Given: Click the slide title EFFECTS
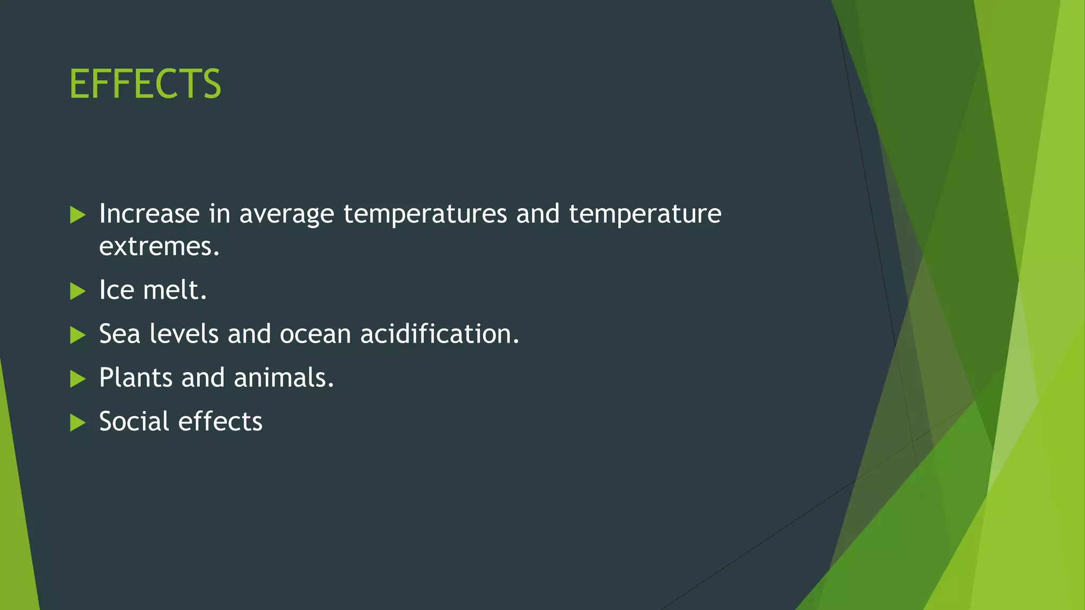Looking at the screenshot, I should tap(145, 84).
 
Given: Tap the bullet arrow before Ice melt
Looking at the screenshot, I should tap(77, 291).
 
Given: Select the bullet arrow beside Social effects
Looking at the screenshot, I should tap(77, 423).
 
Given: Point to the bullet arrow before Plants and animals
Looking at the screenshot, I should tap(77, 379).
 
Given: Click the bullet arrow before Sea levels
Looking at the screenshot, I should tap(77, 335).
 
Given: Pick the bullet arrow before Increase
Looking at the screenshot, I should tap(77, 215).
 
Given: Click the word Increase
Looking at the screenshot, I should tap(149, 214).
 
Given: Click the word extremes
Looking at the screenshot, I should tap(159, 247).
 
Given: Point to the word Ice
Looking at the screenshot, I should tap(117, 290).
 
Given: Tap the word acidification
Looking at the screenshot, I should tap(440, 334).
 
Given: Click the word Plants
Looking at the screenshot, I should tap(136, 378).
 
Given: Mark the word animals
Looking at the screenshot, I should tap(284, 378).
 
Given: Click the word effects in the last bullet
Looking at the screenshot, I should tap(220, 421).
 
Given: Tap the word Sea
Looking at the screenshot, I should tap(119, 334).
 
